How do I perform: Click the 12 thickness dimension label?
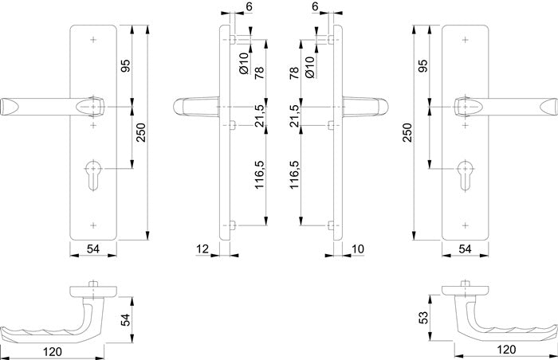[202, 249]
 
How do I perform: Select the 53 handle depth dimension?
[423, 318]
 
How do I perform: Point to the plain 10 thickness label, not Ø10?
[358, 249]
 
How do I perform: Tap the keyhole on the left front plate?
[93, 175]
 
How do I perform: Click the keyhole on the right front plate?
[465, 175]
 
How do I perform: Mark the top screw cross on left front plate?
[93, 40]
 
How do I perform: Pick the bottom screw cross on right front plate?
[465, 225]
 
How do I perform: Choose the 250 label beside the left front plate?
[141, 132]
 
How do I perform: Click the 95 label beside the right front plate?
[422, 66]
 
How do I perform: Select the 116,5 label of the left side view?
[259, 174]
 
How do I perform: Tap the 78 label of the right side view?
[294, 72]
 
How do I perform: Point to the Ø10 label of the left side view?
[243, 64]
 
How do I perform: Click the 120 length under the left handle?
[53, 352]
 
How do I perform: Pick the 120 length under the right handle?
[505, 350]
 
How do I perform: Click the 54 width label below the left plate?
[93, 249]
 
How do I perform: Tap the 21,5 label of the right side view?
[294, 116]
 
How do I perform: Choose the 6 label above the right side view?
[315, 6]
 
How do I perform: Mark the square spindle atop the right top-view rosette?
[465, 284]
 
